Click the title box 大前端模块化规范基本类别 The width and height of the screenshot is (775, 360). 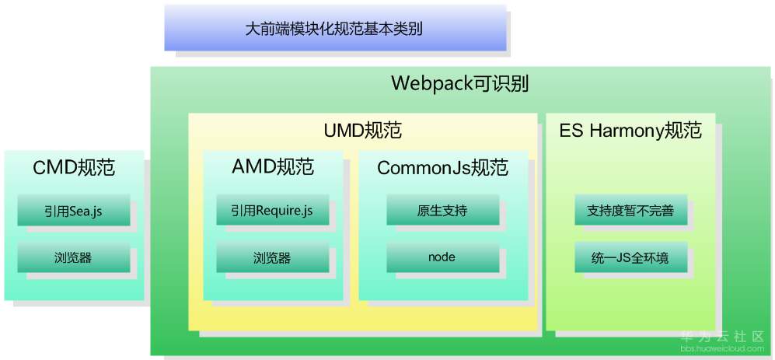334,30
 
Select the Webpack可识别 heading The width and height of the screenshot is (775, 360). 460,83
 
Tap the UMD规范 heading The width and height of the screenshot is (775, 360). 362,130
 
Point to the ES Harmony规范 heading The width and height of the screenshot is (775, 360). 630,130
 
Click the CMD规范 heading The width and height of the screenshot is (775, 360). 74,167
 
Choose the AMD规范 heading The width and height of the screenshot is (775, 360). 273,167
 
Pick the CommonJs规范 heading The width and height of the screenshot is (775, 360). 442,167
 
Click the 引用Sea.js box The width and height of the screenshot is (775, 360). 74,211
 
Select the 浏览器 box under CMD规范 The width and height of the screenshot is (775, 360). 74,257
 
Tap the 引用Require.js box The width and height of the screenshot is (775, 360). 273,211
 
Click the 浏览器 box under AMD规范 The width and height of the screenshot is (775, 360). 273,257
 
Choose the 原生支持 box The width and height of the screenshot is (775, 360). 442,211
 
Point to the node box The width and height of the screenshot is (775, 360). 442,257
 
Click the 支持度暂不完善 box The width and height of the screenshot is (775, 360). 630,211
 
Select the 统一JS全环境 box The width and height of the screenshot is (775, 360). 630,257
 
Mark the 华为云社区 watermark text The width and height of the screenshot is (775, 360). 722,337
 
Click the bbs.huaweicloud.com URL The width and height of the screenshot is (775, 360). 722,349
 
